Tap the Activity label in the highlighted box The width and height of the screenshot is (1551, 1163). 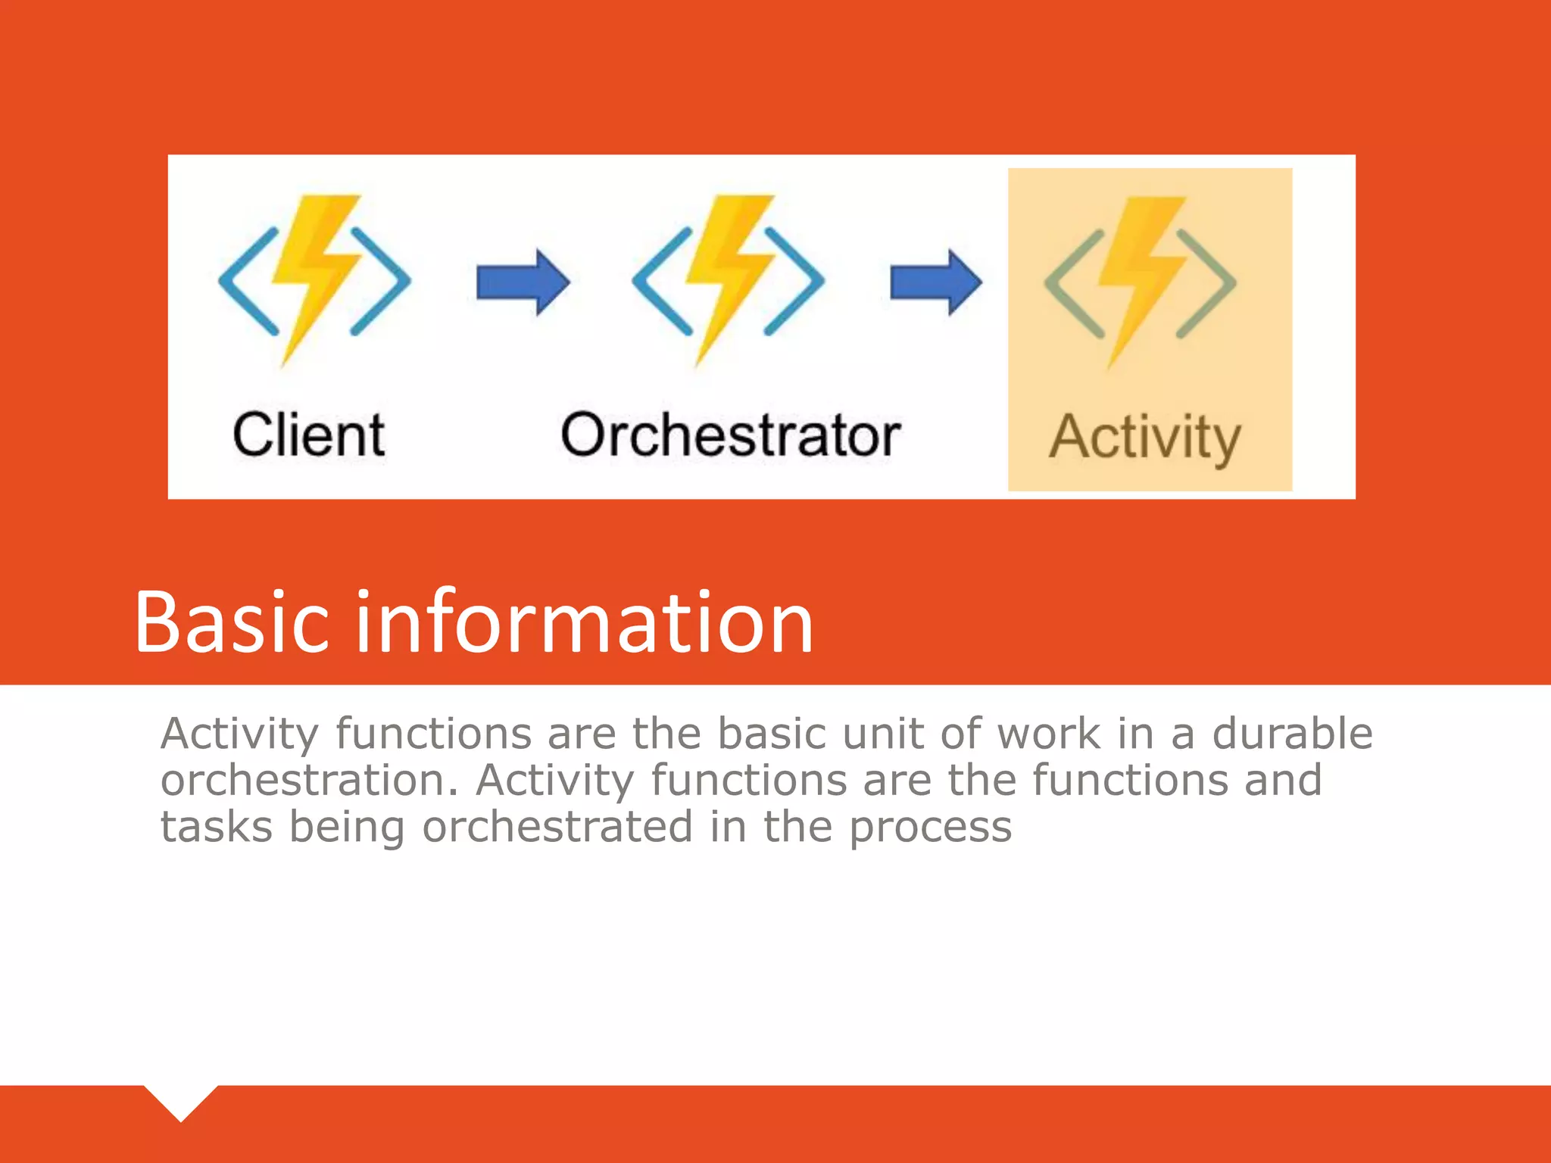coord(1144,438)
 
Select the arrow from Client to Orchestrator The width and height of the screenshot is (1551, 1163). coord(523,282)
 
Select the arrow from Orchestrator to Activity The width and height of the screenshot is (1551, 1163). coord(936,282)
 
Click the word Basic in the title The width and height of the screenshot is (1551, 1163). coord(232,622)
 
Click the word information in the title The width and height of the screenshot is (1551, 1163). coord(584,622)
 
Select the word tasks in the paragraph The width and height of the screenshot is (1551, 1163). coord(216,826)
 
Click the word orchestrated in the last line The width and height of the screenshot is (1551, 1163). coord(557,826)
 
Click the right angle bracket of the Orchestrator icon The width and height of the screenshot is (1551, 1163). coord(795,281)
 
